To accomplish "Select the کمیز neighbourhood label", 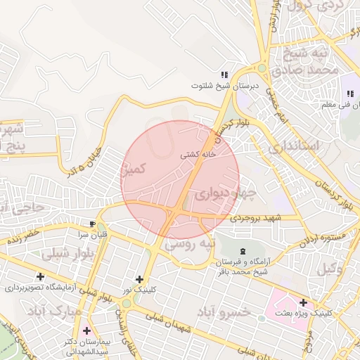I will click(x=134, y=169).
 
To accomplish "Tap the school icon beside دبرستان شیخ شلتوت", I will click(x=224, y=75).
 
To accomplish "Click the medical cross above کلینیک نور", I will click(x=139, y=279).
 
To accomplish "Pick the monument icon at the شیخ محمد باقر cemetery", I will click(x=243, y=252).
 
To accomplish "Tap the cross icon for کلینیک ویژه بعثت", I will click(x=303, y=302).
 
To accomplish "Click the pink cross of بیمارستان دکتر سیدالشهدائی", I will click(x=86, y=330).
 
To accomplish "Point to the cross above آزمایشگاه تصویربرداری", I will click(x=40, y=277).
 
